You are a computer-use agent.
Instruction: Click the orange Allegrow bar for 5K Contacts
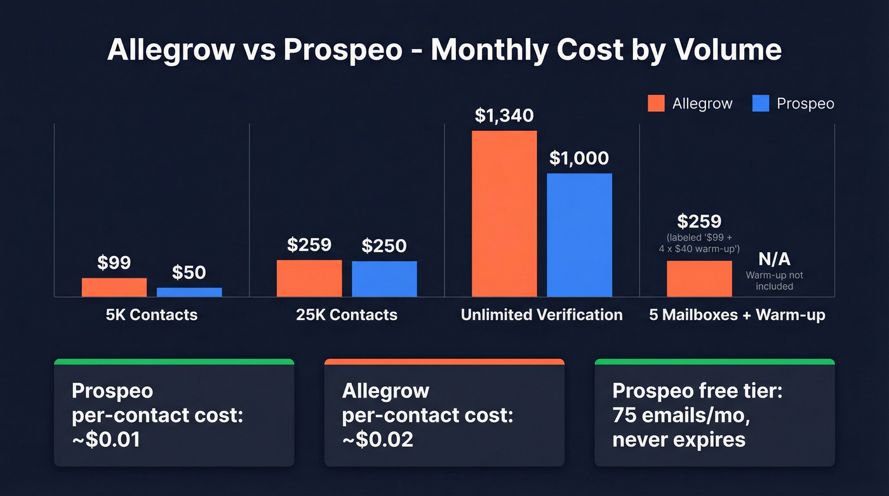[114, 287]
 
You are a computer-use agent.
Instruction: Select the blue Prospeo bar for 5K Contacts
[189, 292]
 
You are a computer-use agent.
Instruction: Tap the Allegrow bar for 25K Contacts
[309, 278]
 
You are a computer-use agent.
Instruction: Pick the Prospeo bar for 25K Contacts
[384, 279]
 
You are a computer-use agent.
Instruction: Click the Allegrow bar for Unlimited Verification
[504, 213]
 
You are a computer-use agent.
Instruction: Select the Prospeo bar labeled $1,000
[579, 235]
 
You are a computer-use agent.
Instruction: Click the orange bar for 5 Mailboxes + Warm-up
[699, 278]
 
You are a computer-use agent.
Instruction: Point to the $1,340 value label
[504, 116]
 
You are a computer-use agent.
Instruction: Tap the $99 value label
[114, 262]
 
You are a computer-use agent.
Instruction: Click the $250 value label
[384, 246]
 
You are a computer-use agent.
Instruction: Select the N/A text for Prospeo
[774, 259]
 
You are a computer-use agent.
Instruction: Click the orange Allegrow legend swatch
[656, 104]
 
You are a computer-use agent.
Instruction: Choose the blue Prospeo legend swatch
[760, 104]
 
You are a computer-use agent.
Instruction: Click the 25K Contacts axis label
[347, 314]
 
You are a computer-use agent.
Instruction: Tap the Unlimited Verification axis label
[542, 314]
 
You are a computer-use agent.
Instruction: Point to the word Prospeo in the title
[342, 50]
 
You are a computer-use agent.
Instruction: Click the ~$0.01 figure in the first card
[106, 439]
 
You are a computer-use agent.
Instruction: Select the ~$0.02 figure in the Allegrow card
[377, 439]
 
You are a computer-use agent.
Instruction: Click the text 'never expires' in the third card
[678, 439]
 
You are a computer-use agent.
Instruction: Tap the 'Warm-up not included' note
[774, 281]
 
